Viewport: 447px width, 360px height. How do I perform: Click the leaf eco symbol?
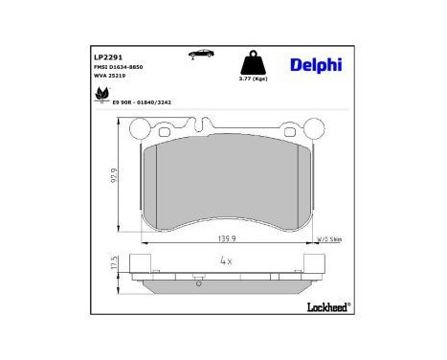pos(100,95)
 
